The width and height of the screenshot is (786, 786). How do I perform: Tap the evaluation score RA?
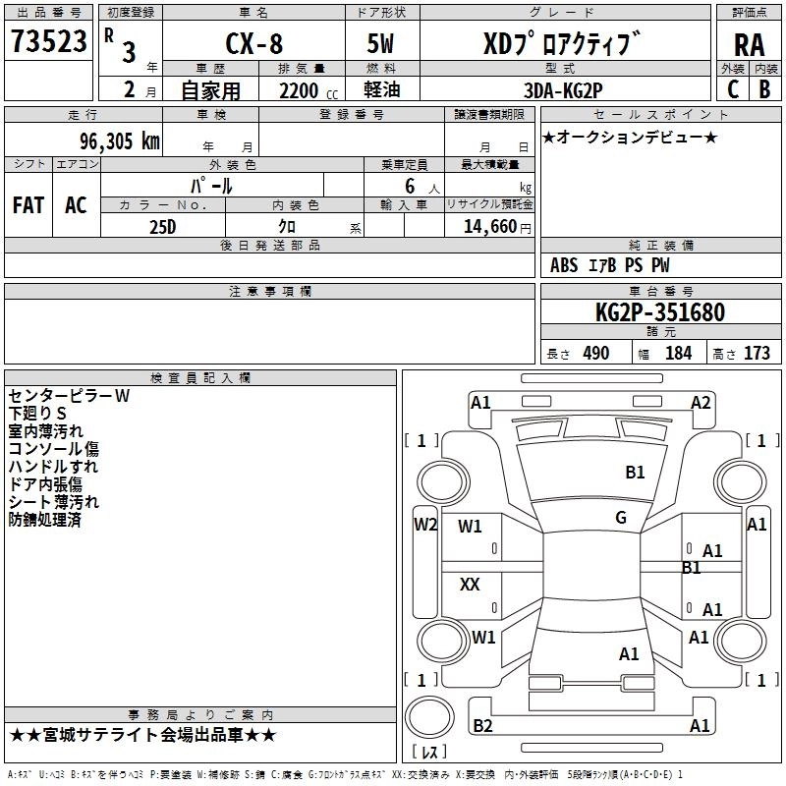click(749, 45)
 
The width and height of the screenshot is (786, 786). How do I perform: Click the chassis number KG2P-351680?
click(660, 312)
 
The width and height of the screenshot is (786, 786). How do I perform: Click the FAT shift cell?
click(28, 205)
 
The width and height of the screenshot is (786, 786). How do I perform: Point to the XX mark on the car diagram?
click(470, 585)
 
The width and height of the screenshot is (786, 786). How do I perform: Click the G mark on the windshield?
click(621, 518)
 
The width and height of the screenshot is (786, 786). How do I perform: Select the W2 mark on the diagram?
click(425, 524)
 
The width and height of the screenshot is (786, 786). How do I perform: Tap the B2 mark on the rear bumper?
click(482, 726)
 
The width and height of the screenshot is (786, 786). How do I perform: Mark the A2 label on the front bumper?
click(701, 402)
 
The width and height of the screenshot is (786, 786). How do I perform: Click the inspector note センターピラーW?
click(68, 396)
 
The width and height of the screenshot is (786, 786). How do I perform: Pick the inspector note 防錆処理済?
click(44, 520)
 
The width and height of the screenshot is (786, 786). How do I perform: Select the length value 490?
click(596, 354)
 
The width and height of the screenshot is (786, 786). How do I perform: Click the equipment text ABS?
click(564, 265)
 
